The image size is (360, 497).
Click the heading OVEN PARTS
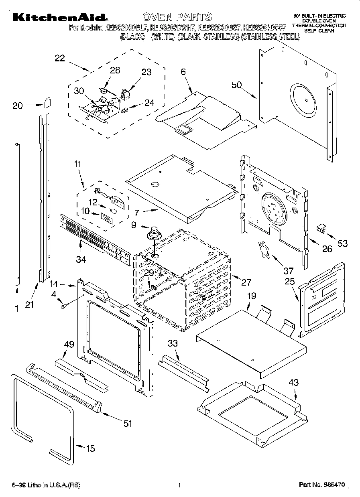click(x=177, y=16)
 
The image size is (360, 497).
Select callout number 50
click(x=237, y=85)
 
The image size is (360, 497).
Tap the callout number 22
click(x=59, y=58)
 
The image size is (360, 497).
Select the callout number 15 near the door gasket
click(x=91, y=448)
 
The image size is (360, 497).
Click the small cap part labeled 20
click(x=47, y=103)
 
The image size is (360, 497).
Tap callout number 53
click(x=342, y=243)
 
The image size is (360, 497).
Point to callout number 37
click(x=288, y=270)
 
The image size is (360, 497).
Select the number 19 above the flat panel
click(x=251, y=296)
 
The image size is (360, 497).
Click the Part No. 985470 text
click(x=322, y=485)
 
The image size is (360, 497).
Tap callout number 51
click(x=128, y=424)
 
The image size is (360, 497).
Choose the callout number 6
click(x=183, y=72)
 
